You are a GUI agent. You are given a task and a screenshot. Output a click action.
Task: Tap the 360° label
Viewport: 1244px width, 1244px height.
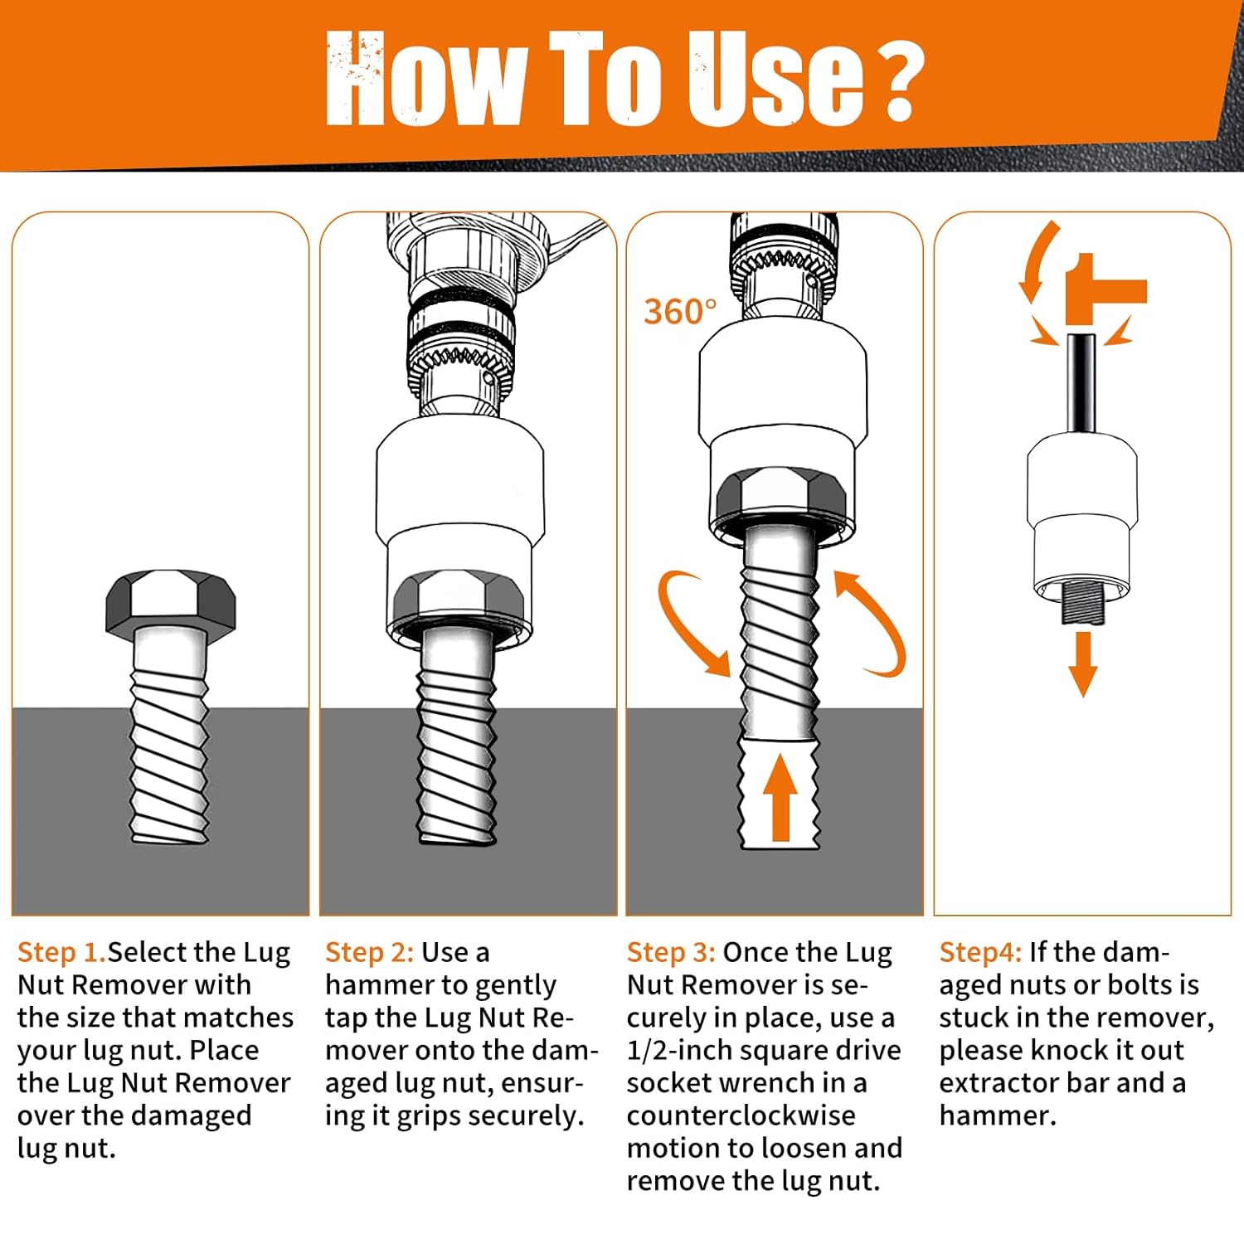pos(680,312)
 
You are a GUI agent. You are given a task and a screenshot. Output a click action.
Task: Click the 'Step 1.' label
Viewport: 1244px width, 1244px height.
pos(62,952)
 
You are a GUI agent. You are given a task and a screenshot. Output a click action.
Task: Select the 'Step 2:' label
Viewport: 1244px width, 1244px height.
pos(369,952)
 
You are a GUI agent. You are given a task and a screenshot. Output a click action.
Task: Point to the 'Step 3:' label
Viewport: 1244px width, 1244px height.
pos(671,952)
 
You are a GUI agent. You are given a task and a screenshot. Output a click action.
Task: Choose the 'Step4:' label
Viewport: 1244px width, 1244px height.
pos(980,953)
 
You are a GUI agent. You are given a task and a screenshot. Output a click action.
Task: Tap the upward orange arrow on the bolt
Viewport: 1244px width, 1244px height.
pos(780,798)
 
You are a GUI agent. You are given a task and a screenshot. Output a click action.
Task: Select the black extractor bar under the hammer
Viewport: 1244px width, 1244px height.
pos(1081,383)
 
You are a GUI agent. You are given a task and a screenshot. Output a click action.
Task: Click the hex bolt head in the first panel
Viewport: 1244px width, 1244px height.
pos(171,601)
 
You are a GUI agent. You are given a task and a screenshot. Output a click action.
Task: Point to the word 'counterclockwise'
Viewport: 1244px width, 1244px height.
pos(741,1115)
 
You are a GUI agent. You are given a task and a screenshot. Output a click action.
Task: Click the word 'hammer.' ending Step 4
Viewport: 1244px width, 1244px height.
pos(998,1115)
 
